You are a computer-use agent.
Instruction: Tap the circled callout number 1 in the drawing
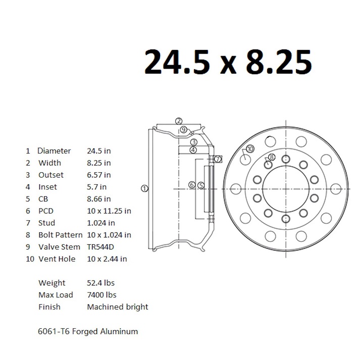tap(144, 188)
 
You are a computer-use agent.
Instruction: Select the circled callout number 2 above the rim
tap(179, 121)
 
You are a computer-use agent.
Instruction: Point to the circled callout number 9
tap(184, 130)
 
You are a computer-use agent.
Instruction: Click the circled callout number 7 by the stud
tap(218, 159)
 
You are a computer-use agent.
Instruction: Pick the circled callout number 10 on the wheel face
tap(249, 149)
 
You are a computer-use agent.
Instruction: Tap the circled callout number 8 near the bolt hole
tap(272, 157)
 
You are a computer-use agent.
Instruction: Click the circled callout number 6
tap(192, 185)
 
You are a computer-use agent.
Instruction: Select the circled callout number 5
tap(201, 185)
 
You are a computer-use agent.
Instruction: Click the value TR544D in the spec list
tap(101, 247)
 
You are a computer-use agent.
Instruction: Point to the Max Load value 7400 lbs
tap(101, 295)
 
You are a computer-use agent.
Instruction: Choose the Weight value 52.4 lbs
tap(101, 283)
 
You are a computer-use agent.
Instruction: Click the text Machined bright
tap(118, 307)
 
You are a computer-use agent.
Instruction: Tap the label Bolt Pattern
tap(61, 235)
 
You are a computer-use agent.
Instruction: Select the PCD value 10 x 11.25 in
tap(109, 211)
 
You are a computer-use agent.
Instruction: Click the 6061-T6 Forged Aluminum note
tap(88, 331)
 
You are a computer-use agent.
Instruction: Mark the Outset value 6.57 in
tap(99, 175)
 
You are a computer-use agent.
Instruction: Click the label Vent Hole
tap(57, 259)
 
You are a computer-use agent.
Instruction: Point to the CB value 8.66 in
tap(99, 199)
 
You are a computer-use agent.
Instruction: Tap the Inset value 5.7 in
tap(97, 187)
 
